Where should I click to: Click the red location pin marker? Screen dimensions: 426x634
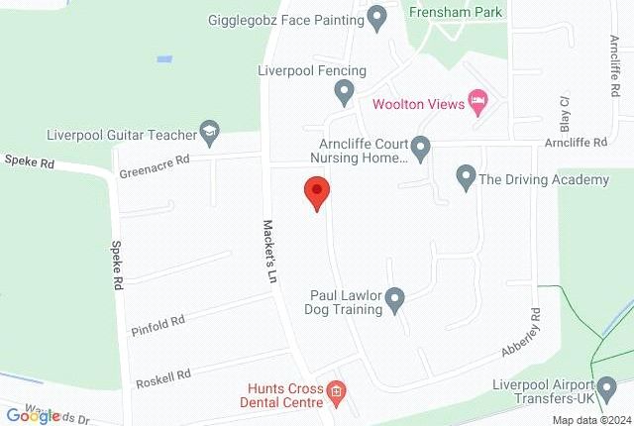pos(315,192)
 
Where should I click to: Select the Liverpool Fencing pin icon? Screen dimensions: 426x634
pos(344,92)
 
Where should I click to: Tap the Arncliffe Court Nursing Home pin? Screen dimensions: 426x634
pos(420,149)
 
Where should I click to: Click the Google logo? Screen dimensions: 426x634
pos(32,415)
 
